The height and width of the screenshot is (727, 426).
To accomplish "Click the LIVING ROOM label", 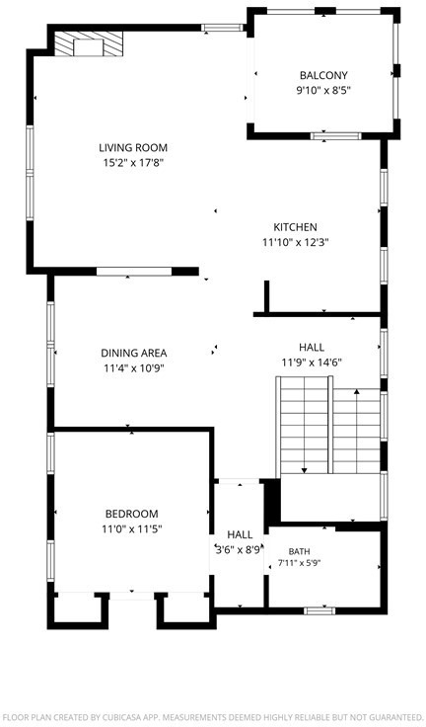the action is [x=133, y=148].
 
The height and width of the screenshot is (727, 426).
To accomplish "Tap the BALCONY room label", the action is [x=323, y=75].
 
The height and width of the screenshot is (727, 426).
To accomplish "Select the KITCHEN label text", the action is [x=296, y=227].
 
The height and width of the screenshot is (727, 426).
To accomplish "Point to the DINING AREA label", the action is [x=134, y=353].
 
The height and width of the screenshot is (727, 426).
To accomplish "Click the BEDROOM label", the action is [x=132, y=514].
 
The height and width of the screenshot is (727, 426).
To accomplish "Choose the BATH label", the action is [x=300, y=552].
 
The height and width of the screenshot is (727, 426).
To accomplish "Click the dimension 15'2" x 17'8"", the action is [x=134, y=163].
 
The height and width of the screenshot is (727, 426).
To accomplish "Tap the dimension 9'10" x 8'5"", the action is [x=323, y=90].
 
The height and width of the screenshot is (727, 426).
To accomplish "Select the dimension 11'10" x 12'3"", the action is [x=296, y=242].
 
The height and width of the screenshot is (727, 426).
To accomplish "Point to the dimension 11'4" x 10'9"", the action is [x=134, y=368].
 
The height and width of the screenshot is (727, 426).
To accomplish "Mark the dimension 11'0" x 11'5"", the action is [x=132, y=528].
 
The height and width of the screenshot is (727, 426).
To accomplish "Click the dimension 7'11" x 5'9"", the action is [x=300, y=563].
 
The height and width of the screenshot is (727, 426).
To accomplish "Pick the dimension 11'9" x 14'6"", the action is [x=312, y=363].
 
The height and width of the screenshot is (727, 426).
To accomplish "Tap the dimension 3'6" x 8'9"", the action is [x=240, y=550].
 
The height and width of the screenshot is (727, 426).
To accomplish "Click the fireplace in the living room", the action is [x=89, y=44].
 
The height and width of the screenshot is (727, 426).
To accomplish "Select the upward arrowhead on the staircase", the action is [x=357, y=391].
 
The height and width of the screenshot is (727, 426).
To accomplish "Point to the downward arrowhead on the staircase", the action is [x=305, y=470].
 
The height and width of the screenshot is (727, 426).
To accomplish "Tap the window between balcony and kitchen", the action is [x=335, y=136].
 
